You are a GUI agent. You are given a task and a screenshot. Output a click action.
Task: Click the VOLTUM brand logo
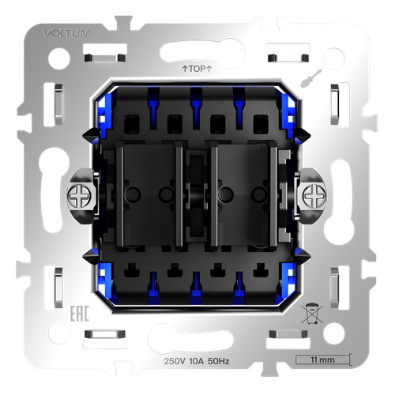[x=66, y=33]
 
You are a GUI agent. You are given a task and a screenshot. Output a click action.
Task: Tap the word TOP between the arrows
[x=197, y=69]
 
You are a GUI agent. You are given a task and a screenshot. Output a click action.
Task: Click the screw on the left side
[x=79, y=196]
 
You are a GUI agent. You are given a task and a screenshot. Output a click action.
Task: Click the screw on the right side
[x=314, y=196]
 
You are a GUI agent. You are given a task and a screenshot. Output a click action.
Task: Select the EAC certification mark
[x=80, y=314]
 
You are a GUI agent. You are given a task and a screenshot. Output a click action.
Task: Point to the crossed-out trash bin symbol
[x=312, y=314]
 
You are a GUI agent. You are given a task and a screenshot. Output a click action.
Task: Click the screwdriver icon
[x=311, y=78]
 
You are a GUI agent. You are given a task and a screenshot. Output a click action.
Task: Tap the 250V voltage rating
[x=175, y=361]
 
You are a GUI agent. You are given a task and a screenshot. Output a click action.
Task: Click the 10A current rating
[x=197, y=361]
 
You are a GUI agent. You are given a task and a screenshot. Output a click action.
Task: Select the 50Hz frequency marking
[x=219, y=361]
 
